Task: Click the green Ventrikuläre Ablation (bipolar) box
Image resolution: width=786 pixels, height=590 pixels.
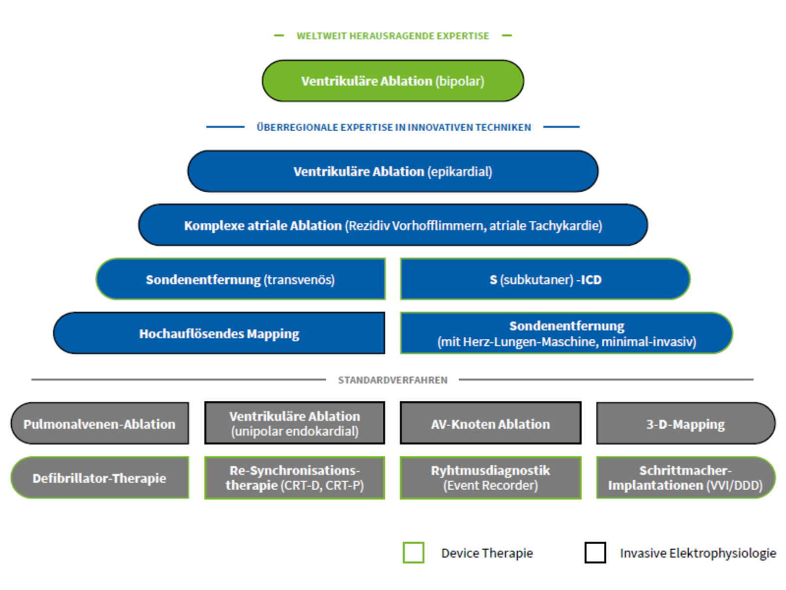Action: click(x=393, y=81)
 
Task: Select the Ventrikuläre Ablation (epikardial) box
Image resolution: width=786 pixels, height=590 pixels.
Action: click(x=393, y=171)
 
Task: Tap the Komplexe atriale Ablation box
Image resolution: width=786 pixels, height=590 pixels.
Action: click(x=393, y=225)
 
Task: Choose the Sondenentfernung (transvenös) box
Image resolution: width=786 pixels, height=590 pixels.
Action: click(x=241, y=279)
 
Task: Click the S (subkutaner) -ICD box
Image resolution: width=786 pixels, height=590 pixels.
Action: click(x=545, y=279)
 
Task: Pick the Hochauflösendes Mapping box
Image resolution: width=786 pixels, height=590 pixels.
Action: click(x=219, y=333)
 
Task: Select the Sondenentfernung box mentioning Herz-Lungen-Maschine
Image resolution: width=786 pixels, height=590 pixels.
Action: click(x=566, y=333)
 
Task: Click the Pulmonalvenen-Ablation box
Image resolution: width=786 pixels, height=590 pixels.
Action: click(x=100, y=423)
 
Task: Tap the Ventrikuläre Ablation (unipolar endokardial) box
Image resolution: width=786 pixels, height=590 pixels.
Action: click(x=295, y=423)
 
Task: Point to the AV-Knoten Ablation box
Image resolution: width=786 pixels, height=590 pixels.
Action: click(x=491, y=423)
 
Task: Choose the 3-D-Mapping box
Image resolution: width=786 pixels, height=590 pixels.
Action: click(x=686, y=423)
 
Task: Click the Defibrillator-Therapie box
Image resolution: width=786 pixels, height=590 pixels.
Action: click(x=100, y=478)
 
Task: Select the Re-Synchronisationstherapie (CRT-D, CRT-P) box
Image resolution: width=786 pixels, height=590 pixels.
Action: click(x=295, y=478)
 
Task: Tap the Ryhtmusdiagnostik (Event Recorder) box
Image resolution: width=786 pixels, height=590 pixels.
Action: click(x=491, y=478)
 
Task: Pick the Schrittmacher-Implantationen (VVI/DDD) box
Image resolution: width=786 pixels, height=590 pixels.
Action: click(x=686, y=478)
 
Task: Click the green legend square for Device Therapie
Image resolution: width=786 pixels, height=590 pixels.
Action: click(x=414, y=553)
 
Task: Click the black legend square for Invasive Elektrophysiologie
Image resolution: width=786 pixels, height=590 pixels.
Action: click(x=595, y=553)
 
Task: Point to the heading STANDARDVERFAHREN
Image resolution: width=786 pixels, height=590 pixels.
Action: click(x=393, y=380)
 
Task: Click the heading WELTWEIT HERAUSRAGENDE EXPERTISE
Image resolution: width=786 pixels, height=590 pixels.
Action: click(x=393, y=36)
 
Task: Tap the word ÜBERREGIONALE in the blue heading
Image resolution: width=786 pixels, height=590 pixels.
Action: click(x=297, y=127)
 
